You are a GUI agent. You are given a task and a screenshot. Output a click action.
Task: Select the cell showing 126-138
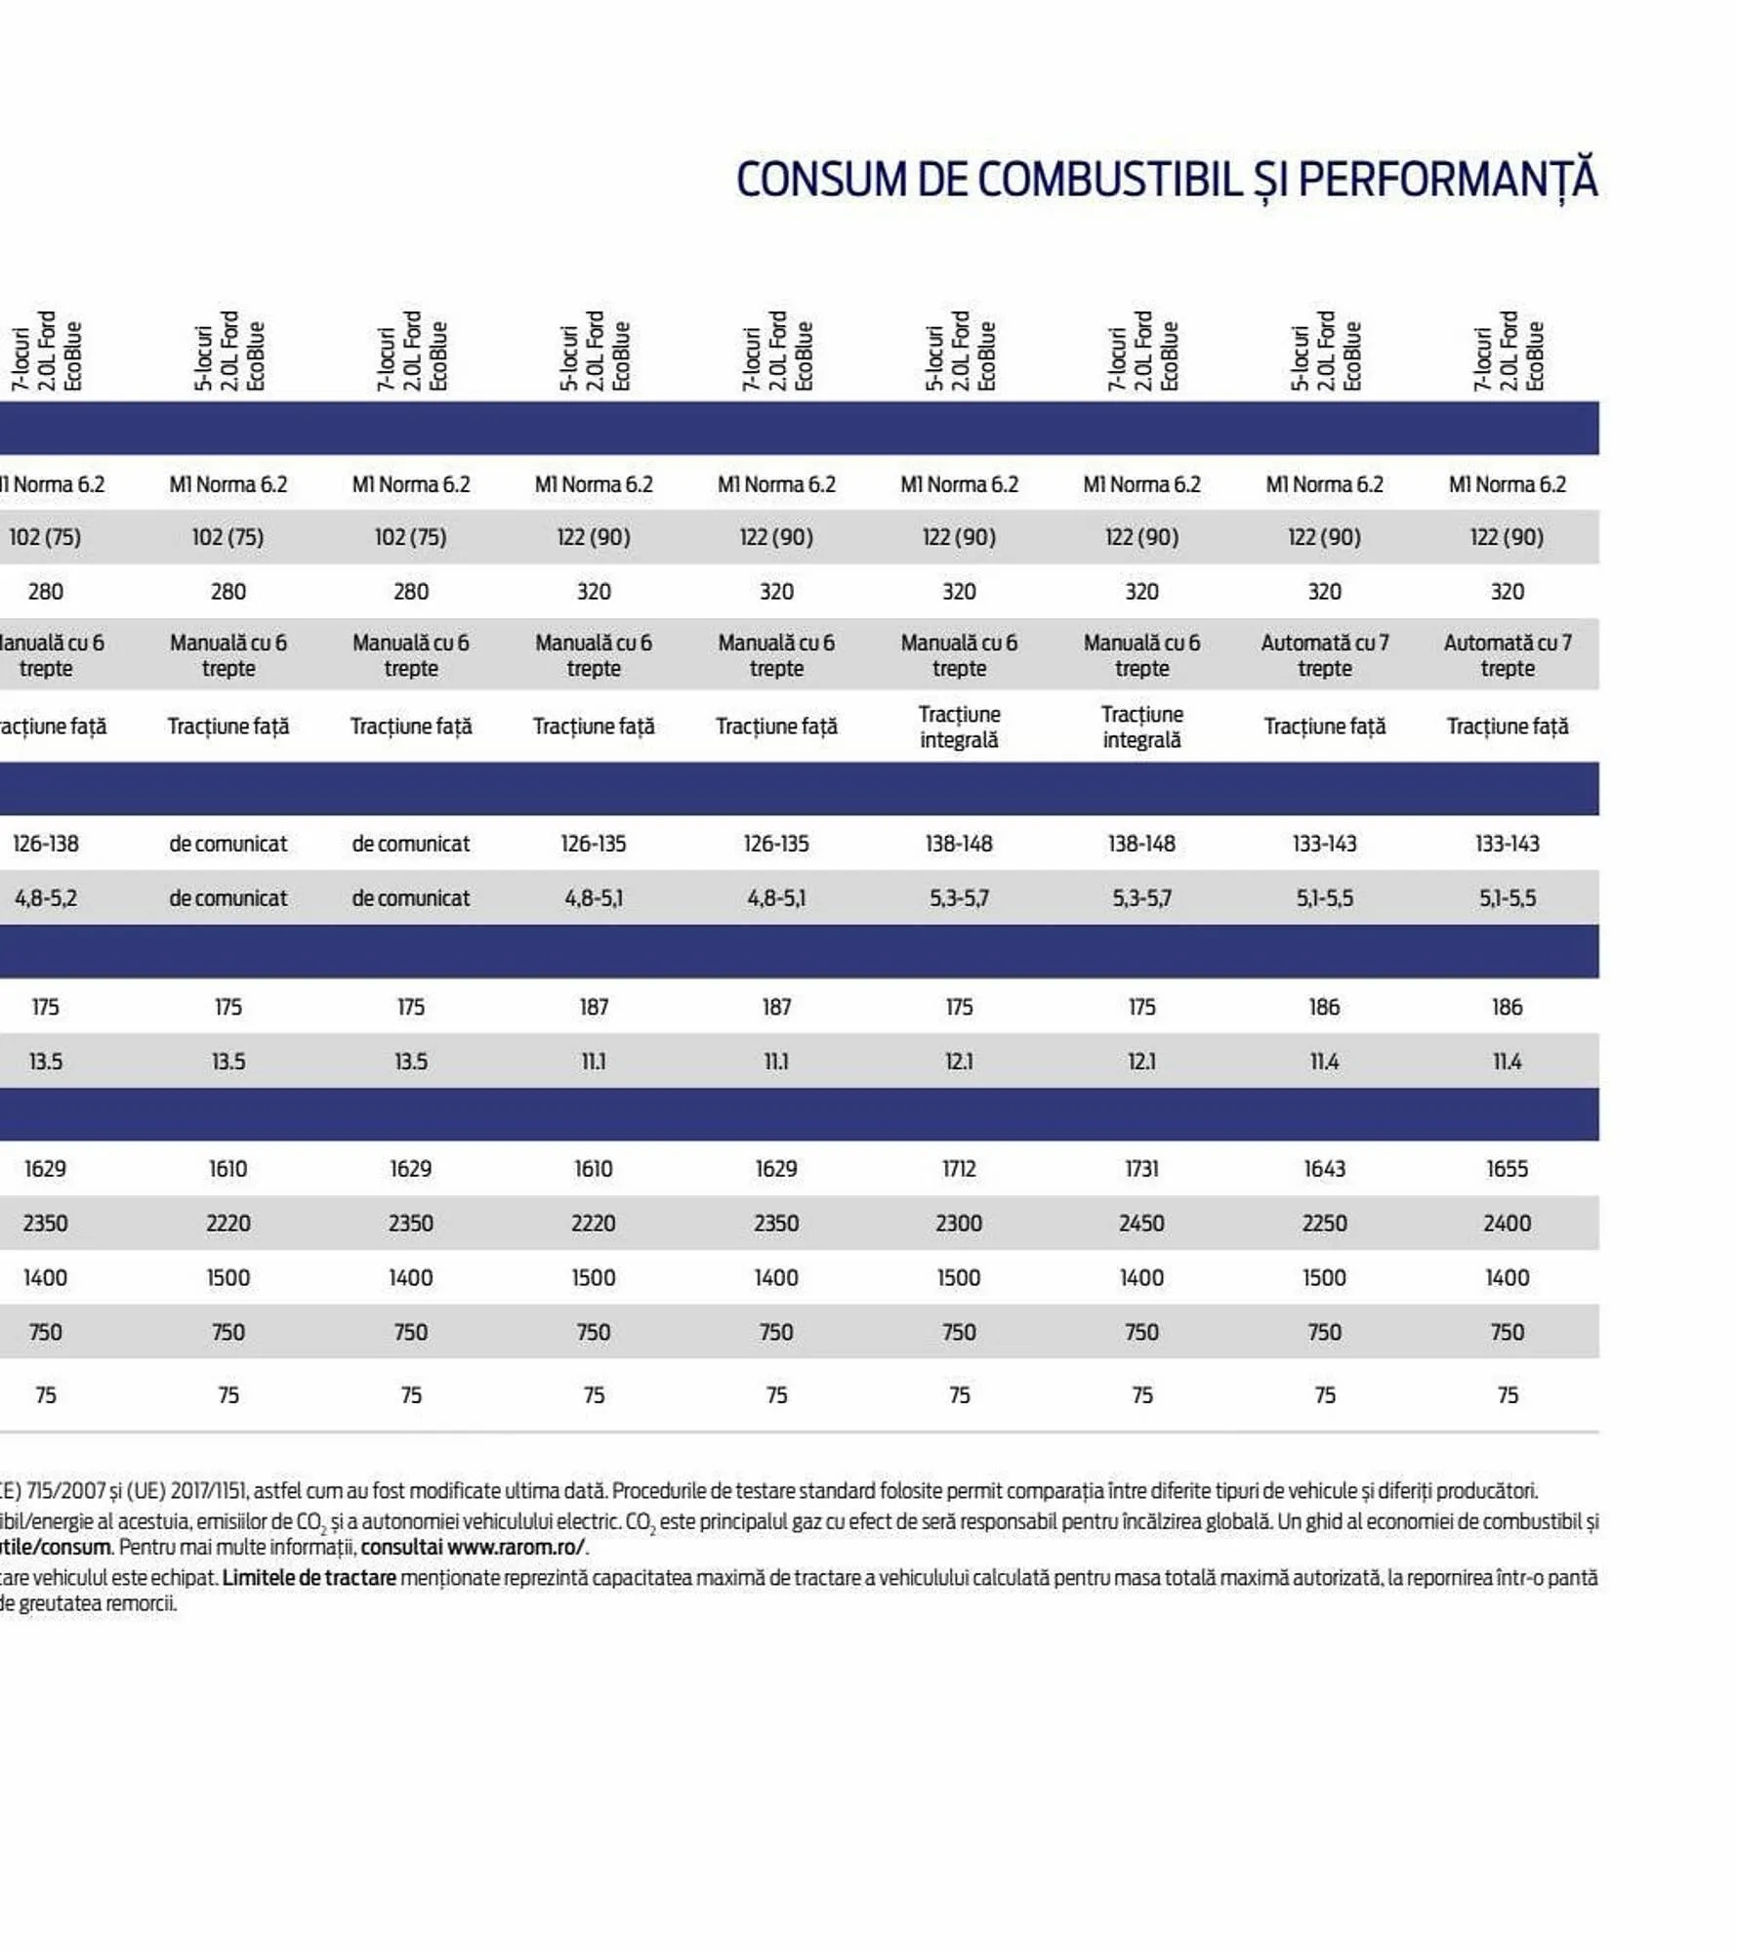(x=46, y=844)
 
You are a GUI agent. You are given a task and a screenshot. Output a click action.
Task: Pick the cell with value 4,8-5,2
(x=46, y=898)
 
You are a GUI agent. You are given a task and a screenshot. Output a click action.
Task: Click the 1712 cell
(x=959, y=1169)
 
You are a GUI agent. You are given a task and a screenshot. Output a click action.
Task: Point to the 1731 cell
(x=1141, y=1169)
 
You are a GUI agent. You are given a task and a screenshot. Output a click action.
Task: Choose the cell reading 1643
(x=1324, y=1169)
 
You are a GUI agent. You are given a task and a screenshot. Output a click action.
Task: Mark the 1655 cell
(x=1507, y=1169)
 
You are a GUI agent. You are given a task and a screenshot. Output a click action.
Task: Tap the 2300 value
(x=959, y=1224)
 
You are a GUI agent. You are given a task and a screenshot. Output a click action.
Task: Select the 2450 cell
(x=1141, y=1224)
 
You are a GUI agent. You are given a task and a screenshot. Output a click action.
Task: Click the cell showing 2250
(x=1324, y=1224)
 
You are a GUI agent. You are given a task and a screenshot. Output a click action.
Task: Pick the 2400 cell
(x=1507, y=1224)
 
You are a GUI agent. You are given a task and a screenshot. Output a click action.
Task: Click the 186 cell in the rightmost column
(x=1507, y=1007)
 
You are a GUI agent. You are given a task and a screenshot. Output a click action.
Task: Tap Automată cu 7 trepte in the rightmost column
(x=1507, y=655)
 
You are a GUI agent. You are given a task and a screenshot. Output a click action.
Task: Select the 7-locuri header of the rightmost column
(x=1483, y=359)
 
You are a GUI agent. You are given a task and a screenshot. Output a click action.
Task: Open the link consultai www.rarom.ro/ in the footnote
(x=473, y=1548)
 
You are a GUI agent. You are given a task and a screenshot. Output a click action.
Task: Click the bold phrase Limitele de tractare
(x=309, y=1577)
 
